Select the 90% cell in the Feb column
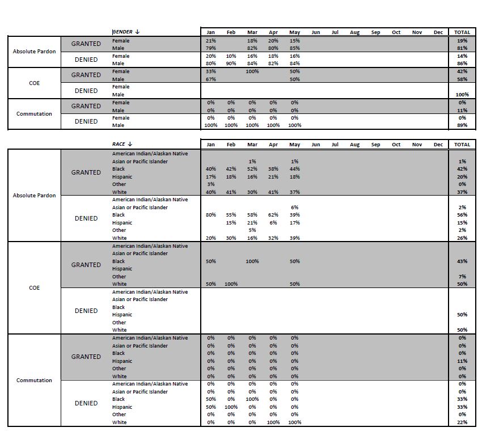[231, 64]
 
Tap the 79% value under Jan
[211, 48]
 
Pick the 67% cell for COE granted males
[211, 79]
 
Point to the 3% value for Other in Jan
[211, 184]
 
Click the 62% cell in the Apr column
[273, 215]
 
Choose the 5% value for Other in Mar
[252, 230]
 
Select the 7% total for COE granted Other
[462, 277]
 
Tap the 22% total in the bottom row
[462, 422]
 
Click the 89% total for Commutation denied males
[462, 125]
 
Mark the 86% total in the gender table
[462, 64]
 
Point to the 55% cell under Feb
[231, 215]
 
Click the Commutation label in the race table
[34, 380]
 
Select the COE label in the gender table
[34, 83]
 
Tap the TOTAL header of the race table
[462, 145]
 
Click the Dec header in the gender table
[438, 32]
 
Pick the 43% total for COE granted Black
[462, 261]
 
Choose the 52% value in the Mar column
[252, 169]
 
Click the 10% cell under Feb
[231, 56]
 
